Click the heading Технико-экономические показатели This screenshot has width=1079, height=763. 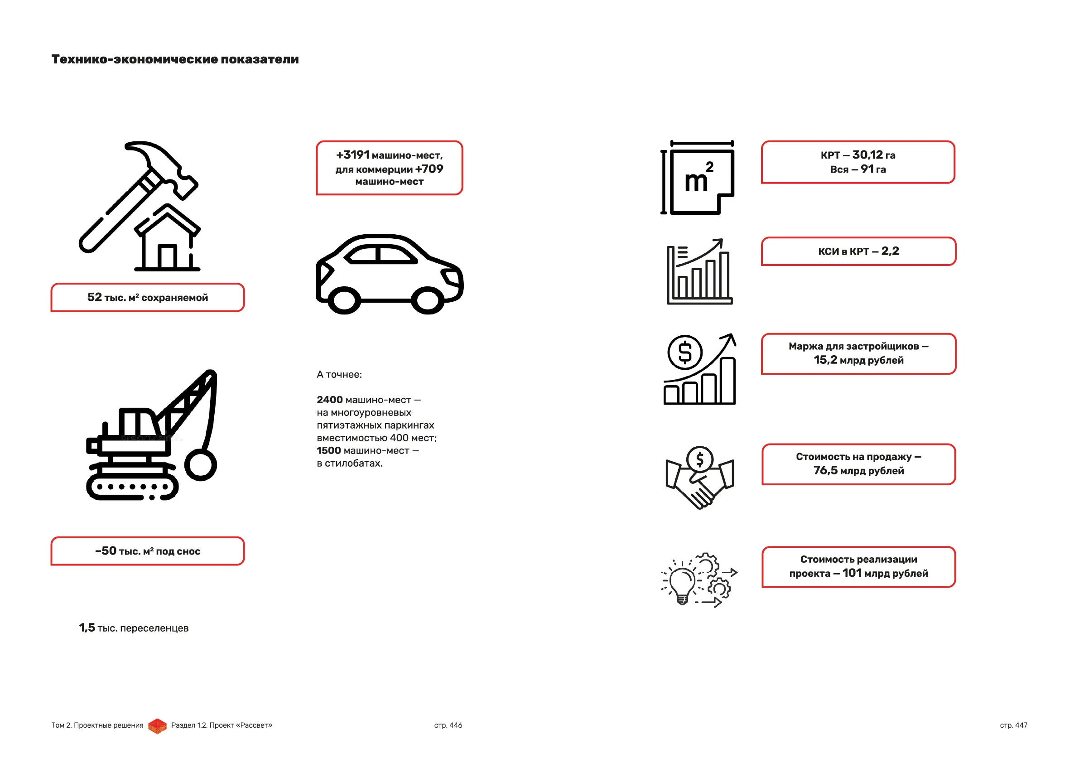coord(175,59)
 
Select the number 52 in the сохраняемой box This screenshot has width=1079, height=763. coord(95,297)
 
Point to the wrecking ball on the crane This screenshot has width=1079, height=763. coord(201,464)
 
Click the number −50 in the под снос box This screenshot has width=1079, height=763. coord(106,551)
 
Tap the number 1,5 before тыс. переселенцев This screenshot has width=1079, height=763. coord(87,628)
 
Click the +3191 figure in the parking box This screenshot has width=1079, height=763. coord(353,155)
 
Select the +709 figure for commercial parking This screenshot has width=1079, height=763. coord(429,169)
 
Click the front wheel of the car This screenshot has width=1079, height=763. coord(428,300)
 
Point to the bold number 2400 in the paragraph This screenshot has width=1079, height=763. coord(329,400)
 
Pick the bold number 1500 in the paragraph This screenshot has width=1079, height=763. coord(328,450)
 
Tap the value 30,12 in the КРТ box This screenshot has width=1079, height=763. coord(867,155)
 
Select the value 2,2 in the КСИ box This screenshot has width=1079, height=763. coord(890,251)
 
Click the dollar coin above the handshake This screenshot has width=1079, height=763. coord(700,459)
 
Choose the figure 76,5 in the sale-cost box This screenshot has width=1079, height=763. coord(825,470)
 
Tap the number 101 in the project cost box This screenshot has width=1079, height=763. coord(852,573)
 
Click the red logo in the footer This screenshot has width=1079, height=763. coord(158,725)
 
